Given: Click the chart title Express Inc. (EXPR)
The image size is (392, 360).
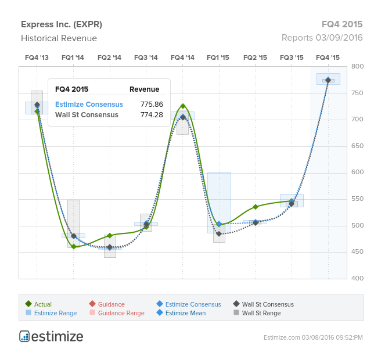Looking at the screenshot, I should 62,24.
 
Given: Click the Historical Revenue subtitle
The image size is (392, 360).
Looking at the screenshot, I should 59,38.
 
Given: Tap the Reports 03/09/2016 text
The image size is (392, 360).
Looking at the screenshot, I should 322,38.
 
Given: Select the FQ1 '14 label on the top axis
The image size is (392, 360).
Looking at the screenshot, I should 73,57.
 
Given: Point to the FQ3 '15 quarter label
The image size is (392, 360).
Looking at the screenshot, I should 292,57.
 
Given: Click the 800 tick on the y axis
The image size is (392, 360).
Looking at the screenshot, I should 357,67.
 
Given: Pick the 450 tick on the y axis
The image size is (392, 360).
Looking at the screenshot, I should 357,252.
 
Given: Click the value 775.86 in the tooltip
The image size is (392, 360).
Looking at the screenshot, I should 152,105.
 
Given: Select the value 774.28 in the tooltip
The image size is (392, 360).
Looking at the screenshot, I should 152,115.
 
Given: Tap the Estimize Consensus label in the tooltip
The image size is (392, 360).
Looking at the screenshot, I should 89,105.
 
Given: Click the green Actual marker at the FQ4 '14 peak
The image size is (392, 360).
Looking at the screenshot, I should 183,106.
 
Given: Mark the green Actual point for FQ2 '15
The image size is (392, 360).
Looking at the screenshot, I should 256,207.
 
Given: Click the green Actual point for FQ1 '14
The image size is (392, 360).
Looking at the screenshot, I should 73,247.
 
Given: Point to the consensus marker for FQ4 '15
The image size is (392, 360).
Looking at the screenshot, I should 328,80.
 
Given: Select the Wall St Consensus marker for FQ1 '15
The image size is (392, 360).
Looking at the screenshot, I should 219,234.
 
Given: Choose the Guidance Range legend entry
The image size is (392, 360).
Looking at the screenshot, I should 121,313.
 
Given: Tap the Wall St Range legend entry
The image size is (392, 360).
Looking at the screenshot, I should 261,313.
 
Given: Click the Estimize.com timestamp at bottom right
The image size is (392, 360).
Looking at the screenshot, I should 312,337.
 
